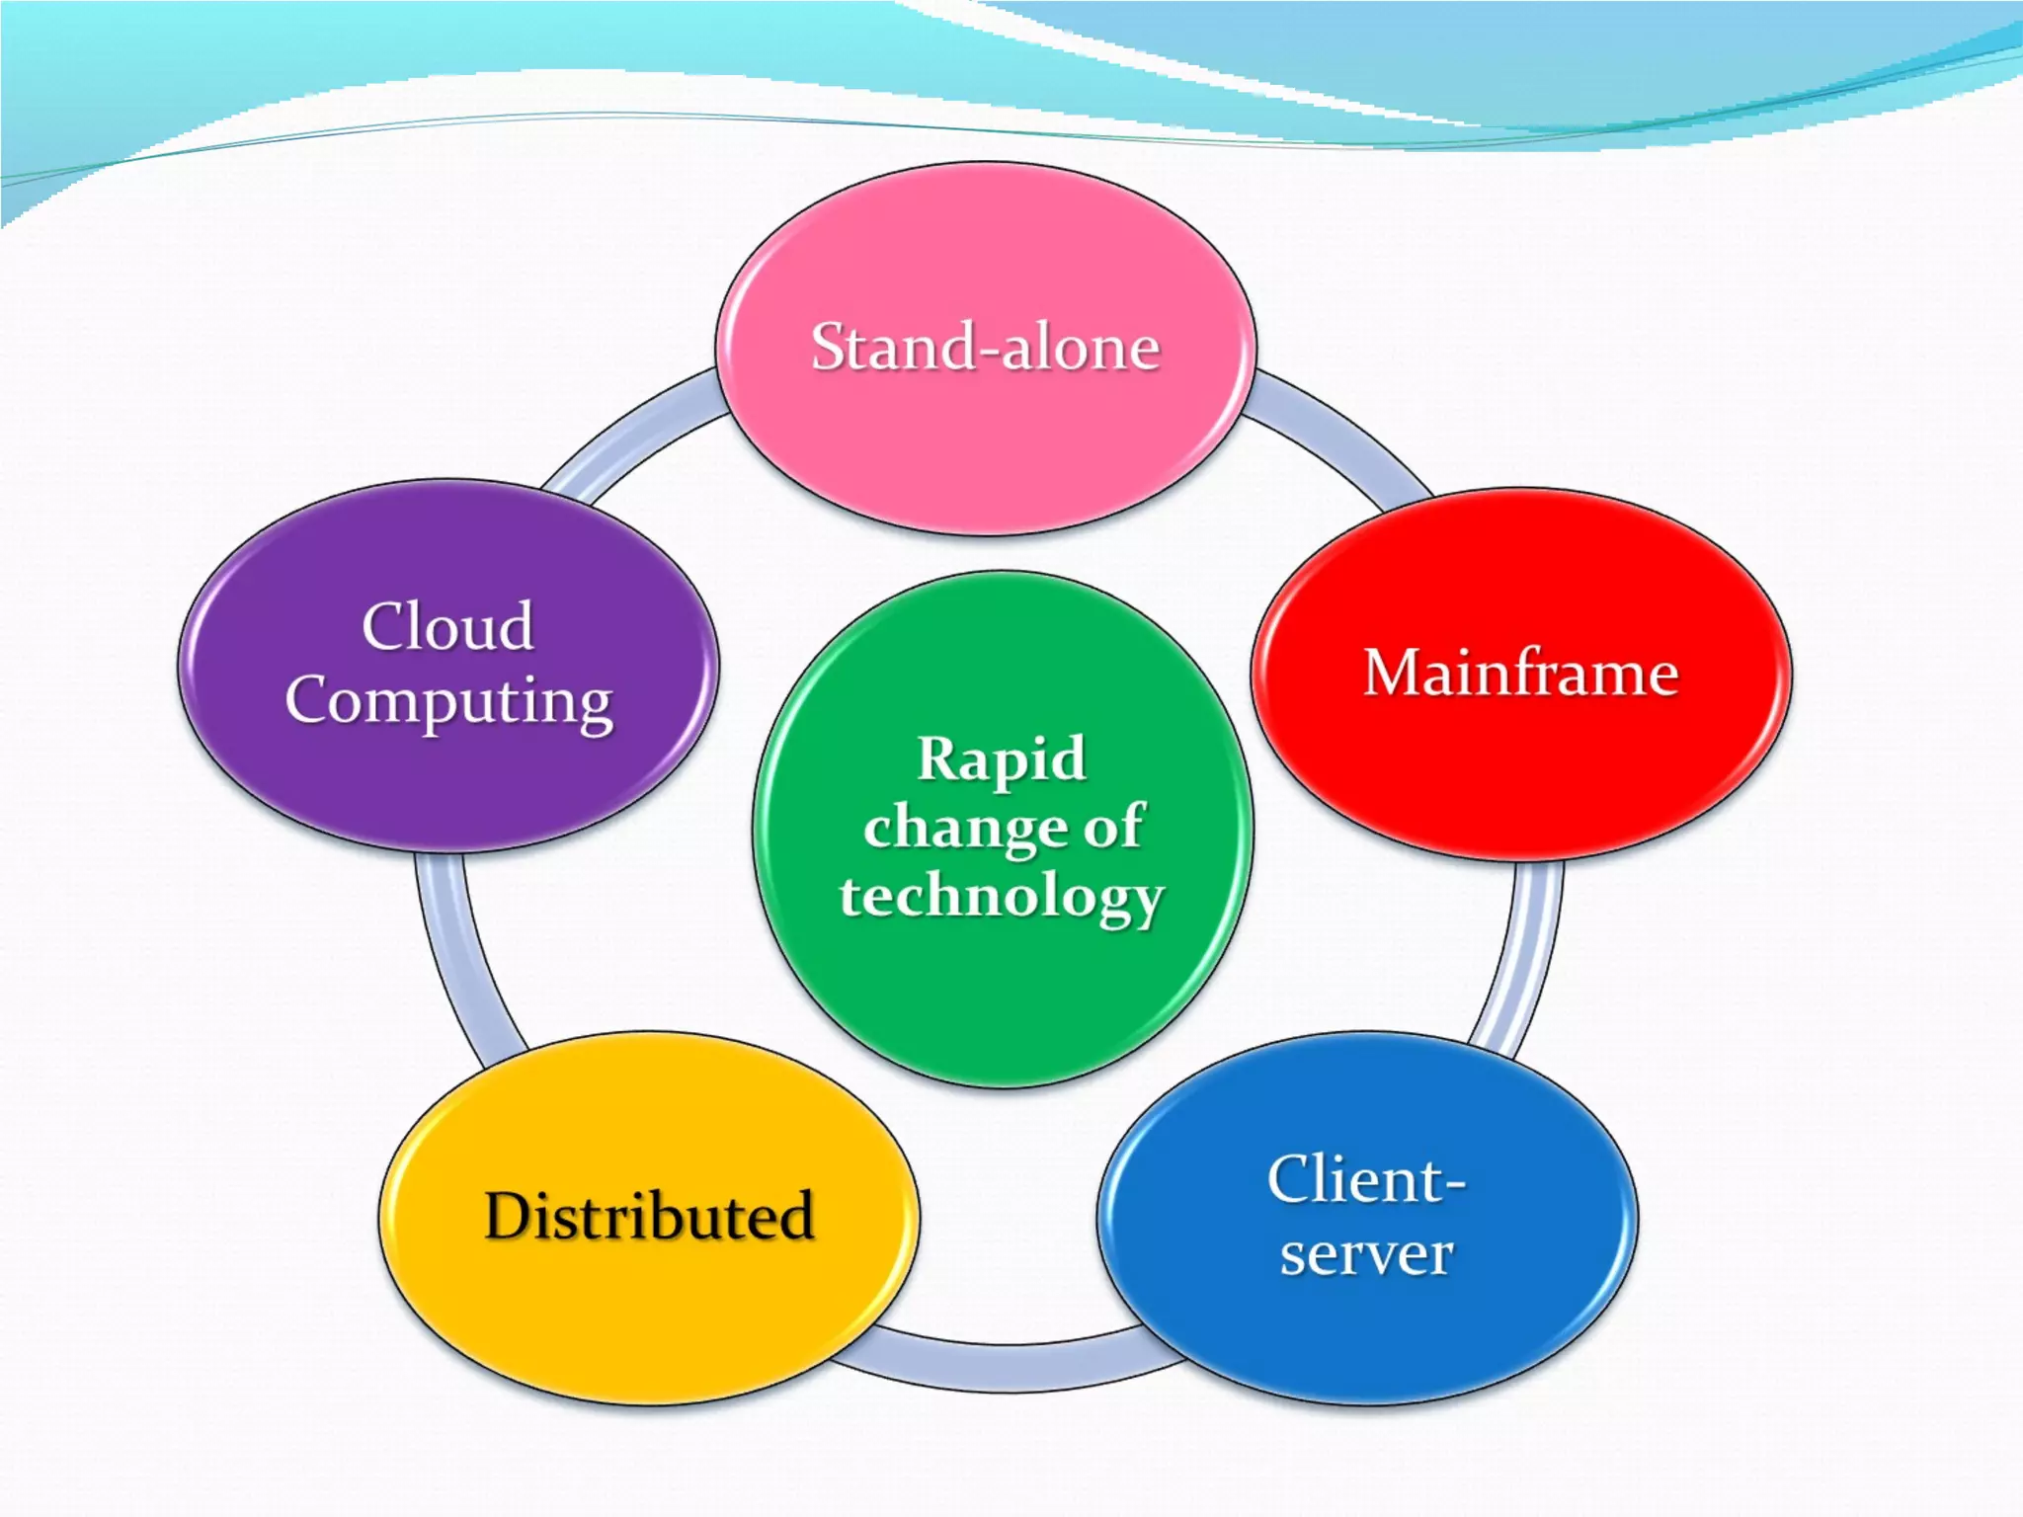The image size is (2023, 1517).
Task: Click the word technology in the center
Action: [1002, 897]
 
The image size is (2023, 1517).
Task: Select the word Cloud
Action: [448, 626]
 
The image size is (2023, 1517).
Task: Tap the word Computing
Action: [448, 701]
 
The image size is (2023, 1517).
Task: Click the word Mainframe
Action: [1521, 674]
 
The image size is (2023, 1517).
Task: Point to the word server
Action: [1367, 1254]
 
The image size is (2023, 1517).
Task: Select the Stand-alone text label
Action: [986, 348]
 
